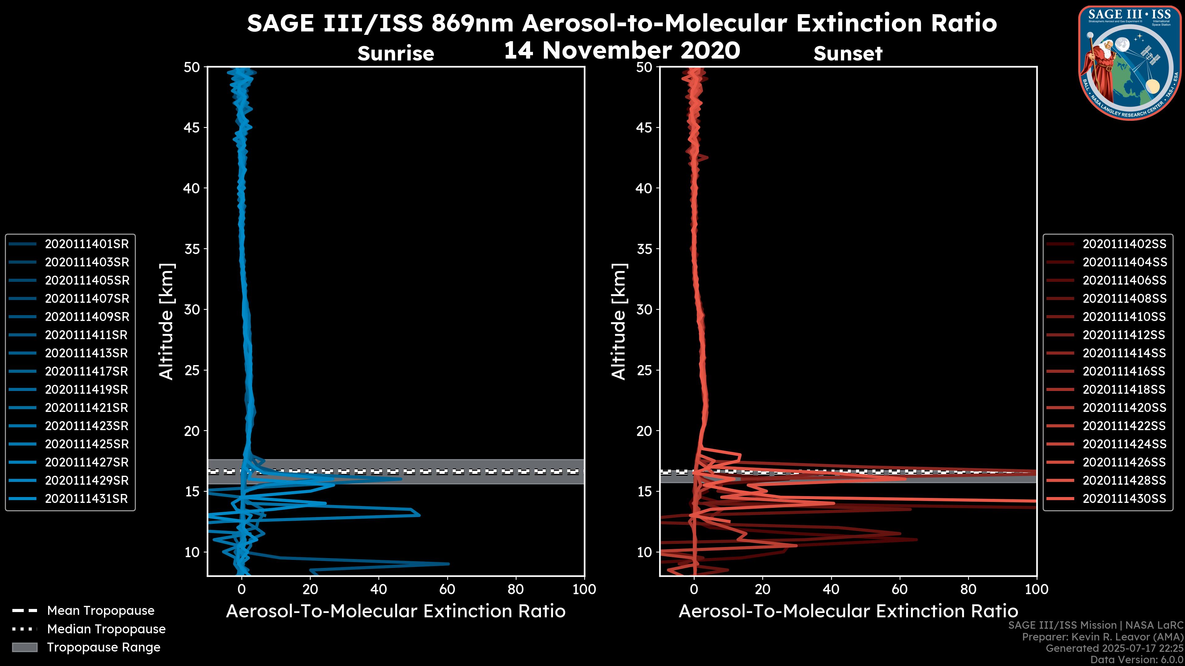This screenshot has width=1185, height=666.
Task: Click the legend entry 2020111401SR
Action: pos(86,244)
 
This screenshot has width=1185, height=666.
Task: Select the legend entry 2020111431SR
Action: pos(86,499)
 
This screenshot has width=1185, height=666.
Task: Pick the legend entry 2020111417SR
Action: pos(86,371)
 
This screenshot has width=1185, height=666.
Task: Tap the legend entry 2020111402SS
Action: pos(1124,244)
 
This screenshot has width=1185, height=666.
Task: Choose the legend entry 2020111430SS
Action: pos(1124,499)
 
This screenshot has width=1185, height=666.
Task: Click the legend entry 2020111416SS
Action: pos(1124,371)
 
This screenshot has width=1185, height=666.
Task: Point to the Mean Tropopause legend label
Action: pos(101,611)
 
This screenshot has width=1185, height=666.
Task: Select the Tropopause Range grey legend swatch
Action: pos(25,647)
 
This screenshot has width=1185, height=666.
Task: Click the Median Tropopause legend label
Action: pos(106,629)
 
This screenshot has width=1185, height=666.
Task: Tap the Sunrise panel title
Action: pos(396,54)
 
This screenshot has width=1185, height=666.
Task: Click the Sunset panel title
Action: pos(848,54)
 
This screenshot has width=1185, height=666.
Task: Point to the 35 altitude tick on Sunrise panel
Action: pos(192,249)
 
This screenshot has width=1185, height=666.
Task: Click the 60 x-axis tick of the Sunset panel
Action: pos(899,589)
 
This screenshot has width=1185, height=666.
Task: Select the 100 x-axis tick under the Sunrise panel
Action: pos(584,589)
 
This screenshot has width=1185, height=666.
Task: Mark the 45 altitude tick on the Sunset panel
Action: pos(644,128)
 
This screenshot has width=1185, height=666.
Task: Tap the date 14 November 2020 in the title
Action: pos(622,51)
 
